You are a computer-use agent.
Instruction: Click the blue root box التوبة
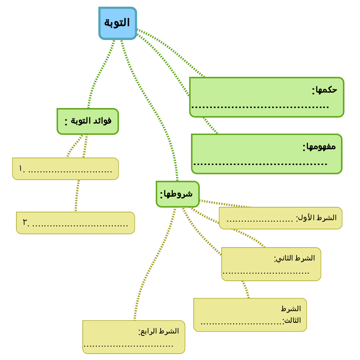[118, 23]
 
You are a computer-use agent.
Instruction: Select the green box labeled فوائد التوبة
[88, 121]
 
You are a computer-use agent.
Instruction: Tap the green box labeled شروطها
[177, 194]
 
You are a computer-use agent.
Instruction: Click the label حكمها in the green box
[324, 90]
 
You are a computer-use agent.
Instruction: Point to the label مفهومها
[319, 146]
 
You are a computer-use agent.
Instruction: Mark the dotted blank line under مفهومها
[260, 164]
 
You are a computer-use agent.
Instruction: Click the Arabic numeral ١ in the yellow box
[21, 169]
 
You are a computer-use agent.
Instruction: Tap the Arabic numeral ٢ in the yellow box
[25, 222]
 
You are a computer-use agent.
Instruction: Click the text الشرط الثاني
[295, 258]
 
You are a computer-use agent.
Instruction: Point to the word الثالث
[292, 320]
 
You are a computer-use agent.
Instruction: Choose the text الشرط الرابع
[159, 331]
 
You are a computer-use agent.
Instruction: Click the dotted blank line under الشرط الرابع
[129, 346]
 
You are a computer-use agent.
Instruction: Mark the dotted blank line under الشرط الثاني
[266, 273]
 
